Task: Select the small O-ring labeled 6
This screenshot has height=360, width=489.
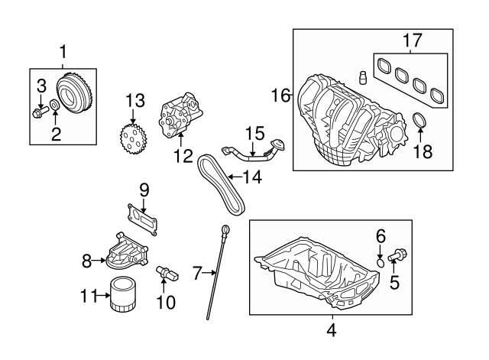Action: [x=380, y=262]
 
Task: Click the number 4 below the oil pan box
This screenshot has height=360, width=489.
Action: [x=331, y=330]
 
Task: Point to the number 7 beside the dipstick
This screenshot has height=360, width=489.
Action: [x=197, y=271]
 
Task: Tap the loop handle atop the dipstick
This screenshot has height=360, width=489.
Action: [x=225, y=229]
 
